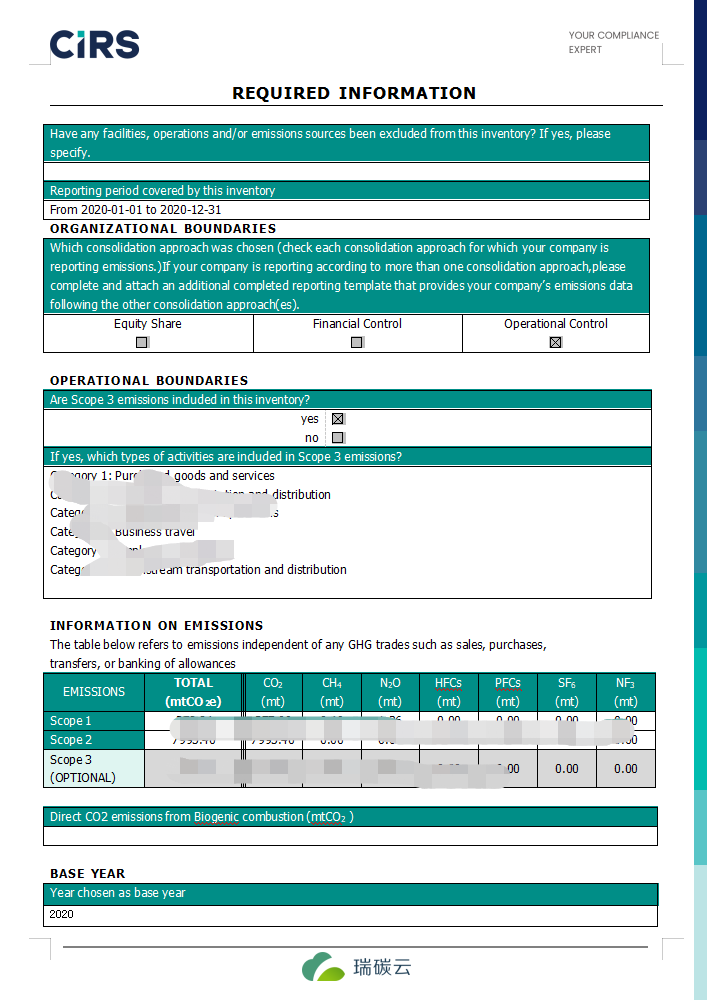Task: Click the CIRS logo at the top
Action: coord(94,44)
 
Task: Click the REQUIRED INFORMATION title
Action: coord(354,93)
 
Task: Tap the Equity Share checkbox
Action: coord(142,342)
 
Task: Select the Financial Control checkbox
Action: coord(357,342)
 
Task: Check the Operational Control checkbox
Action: coord(556,342)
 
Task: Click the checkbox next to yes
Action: coord(338,419)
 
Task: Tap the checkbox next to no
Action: coord(338,437)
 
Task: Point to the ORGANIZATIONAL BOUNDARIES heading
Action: coord(163,229)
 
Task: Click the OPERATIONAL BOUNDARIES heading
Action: coord(149,380)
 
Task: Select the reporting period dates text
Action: coord(136,210)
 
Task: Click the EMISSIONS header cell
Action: coord(94,691)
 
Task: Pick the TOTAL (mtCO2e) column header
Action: coord(194,692)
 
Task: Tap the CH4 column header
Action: coord(332,692)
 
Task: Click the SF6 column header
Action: coord(567,692)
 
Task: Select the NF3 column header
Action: coord(626,692)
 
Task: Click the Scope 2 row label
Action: coord(71,740)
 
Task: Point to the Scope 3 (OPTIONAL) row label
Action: coord(83,768)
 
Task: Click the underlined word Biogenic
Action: coord(219,817)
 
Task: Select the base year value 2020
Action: coord(61,914)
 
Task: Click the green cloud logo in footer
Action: coord(323,967)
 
